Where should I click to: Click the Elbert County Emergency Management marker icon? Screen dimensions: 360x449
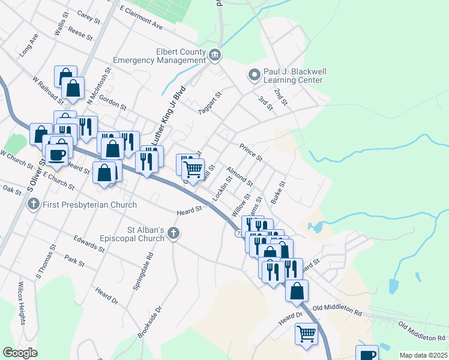[x=215, y=56]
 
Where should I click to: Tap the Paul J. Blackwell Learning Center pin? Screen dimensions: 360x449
[x=254, y=76]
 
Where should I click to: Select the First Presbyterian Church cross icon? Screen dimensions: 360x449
[x=34, y=205]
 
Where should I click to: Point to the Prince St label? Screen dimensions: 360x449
[x=251, y=152]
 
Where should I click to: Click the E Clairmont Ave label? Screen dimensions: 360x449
[x=142, y=19]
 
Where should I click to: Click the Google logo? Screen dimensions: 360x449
[x=20, y=353]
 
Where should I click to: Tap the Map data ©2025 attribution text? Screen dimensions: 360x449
[x=423, y=355]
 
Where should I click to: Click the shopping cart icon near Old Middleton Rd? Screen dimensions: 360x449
[x=307, y=332]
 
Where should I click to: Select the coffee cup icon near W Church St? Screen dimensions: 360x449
[x=58, y=154]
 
